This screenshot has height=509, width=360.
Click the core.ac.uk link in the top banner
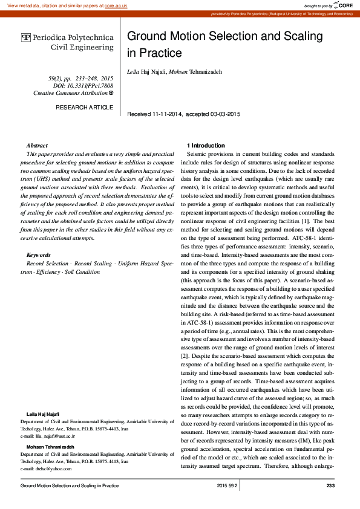pyautogui.click(x=116, y=5)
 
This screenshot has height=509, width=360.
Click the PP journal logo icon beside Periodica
pyautogui.click(x=25, y=37)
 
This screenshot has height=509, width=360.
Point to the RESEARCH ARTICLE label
pyautogui.click(x=84, y=107)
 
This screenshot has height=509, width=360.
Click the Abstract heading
pyautogui.click(x=37, y=146)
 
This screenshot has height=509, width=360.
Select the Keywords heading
pyautogui.click(x=39, y=256)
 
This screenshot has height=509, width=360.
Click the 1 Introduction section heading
pyautogui.click(x=206, y=146)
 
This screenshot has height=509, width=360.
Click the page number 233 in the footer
pyautogui.click(x=330, y=485)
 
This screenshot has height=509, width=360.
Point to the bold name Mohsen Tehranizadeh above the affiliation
pyautogui.click(x=50, y=446)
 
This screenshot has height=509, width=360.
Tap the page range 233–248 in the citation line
pyautogui.click(x=80, y=79)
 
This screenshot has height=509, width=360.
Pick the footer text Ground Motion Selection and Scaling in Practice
pyautogui.click(x=70, y=485)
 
